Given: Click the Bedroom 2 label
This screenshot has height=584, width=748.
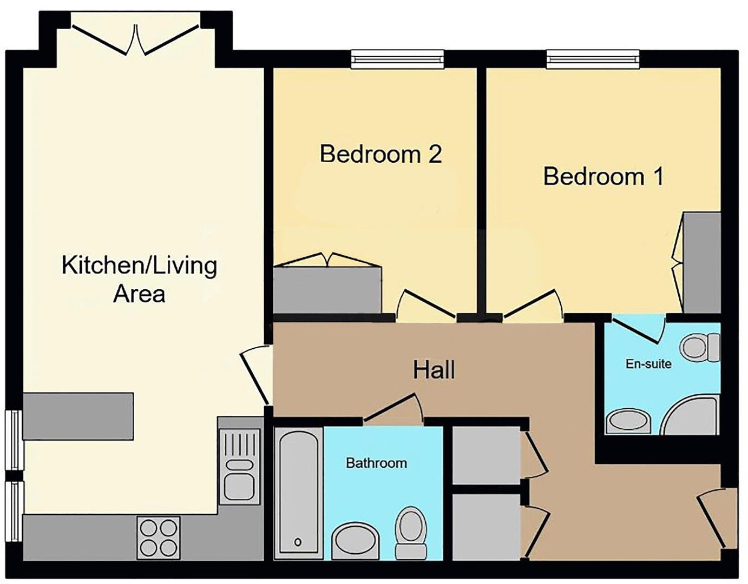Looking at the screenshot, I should point(380,154).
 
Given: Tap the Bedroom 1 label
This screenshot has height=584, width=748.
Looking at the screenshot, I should point(603,177).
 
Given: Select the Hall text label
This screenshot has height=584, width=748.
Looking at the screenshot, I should point(434,370).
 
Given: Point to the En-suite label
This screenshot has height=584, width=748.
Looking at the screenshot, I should point(648,364).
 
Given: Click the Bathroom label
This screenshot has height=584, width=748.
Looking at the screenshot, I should point(376,463).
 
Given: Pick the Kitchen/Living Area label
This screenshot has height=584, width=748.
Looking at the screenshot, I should point(139,280).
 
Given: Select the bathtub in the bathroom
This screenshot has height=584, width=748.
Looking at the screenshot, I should point(298,493).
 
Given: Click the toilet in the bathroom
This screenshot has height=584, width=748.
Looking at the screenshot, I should point(411,532).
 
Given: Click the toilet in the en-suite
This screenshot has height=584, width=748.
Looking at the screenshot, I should point(700,347).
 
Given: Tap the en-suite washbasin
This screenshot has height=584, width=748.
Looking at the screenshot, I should point(628,421).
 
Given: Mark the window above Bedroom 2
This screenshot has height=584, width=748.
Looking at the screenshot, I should point(397,59).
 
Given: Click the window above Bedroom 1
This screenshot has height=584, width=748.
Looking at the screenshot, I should point(593,59).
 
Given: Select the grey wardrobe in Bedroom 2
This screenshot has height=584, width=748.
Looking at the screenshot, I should point(327,290).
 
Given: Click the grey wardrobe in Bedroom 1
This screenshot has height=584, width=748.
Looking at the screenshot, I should point(701,262).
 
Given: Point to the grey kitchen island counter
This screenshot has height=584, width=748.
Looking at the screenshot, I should point(78,416).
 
